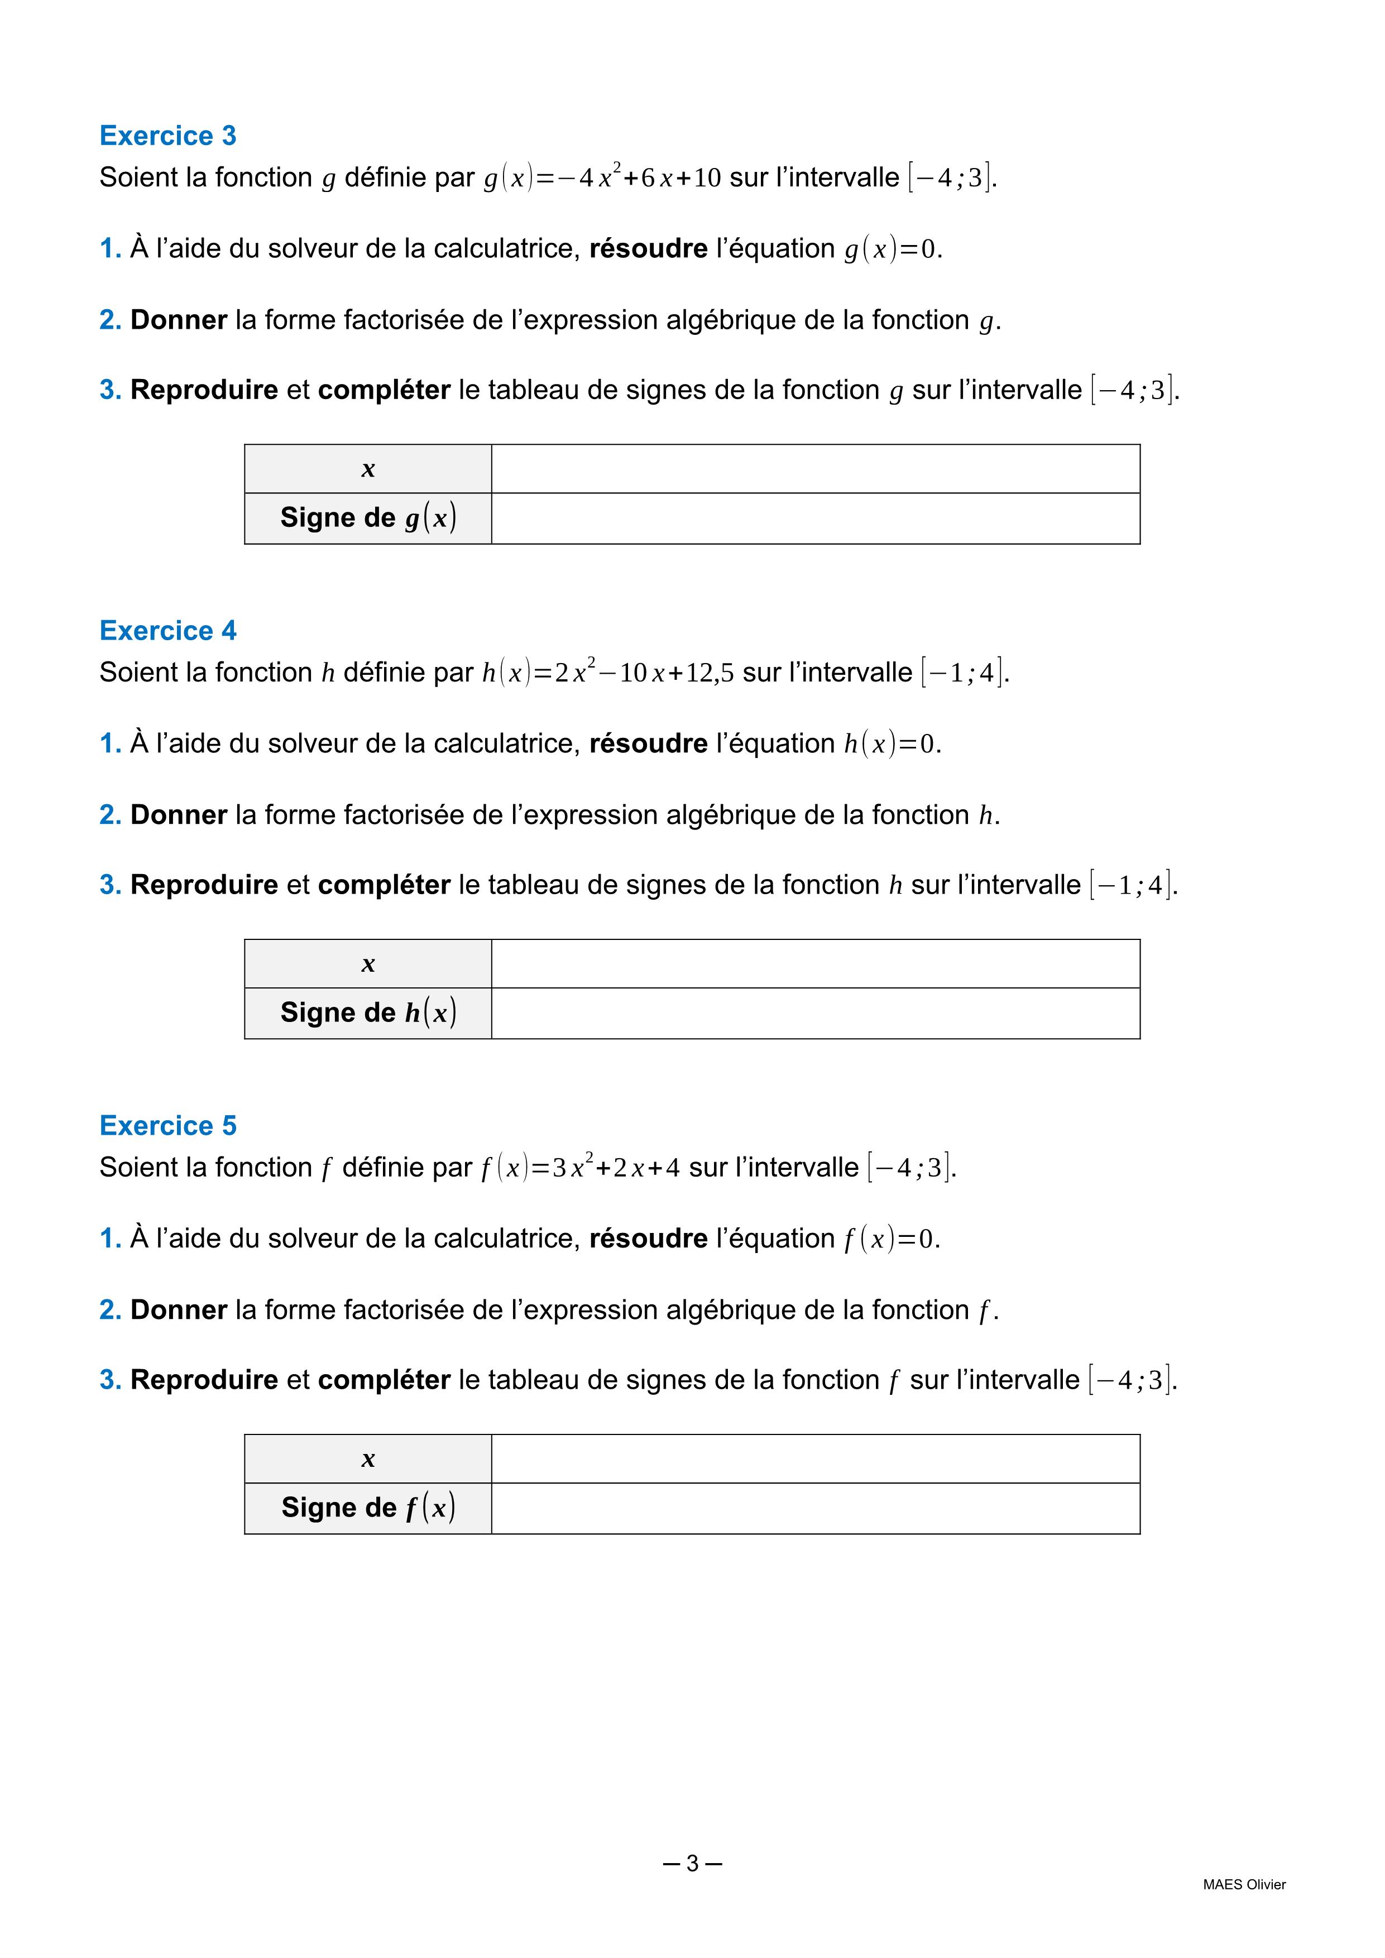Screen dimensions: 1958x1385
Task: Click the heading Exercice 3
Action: [168, 136]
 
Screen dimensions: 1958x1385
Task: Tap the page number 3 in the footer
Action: [692, 1863]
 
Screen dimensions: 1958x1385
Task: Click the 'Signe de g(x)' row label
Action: [368, 517]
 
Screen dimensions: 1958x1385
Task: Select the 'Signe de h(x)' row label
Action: [368, 1012]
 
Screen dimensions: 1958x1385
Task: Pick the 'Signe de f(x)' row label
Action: [368, 1507]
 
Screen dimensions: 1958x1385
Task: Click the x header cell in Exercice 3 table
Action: [368, 469]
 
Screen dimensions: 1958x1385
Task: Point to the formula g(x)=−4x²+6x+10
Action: [602, 177]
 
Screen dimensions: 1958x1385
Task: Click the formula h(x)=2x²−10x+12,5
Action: [607, 672]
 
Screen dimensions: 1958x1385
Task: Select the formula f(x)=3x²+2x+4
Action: [581, 1167]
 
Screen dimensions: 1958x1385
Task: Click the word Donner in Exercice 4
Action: [178, 814]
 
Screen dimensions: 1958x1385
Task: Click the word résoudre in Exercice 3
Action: [648, 248]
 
